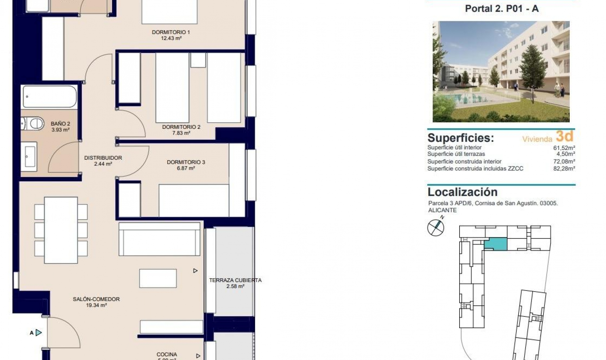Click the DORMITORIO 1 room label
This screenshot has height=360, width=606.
(171, 32)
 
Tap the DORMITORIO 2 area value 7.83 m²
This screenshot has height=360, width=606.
(181, 133)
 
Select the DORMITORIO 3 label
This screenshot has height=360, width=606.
(186, 162)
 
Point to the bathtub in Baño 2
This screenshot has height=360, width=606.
(49, 97)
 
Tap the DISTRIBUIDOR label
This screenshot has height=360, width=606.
(103, 158)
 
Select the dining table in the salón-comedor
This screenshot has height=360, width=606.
(61, 230)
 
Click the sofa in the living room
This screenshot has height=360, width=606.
(159, 239)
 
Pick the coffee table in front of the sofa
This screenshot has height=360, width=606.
(158, 278)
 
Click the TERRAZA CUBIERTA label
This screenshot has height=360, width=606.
(235, 280)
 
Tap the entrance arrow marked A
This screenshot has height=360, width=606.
(39, 333)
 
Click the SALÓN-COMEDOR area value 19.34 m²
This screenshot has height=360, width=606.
(96, 305)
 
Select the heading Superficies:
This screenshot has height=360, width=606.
(460, 138)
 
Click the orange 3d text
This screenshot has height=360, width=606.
(564, 136)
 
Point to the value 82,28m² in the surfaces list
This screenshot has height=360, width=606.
(564, 169)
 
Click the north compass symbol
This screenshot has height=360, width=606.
(436, 227)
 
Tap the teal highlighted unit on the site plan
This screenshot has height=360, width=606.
(496, 244)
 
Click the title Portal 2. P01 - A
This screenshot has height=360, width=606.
(502, 9)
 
